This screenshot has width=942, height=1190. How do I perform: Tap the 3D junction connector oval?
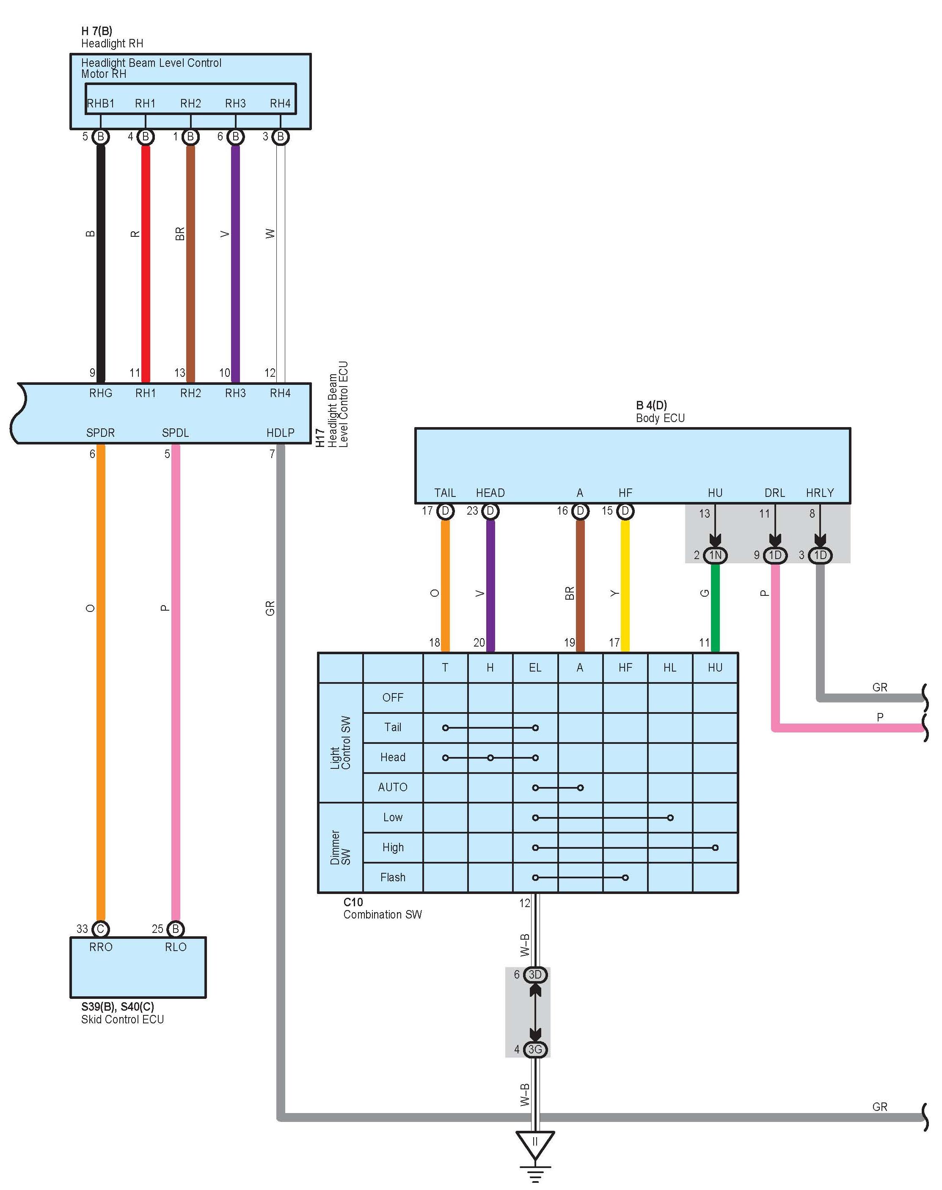(x=535, y=974)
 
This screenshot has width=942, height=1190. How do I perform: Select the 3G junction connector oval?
(x=535, y=1050)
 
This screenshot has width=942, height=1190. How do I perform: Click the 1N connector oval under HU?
(x=715, y=555)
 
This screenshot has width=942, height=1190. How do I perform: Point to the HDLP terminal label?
(x=280, y=433)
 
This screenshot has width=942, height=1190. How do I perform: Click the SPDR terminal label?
(x=100, y=433)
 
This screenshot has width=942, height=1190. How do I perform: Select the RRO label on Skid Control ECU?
(x=100, y=947)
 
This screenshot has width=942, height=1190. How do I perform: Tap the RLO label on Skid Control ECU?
(x=175, y=947)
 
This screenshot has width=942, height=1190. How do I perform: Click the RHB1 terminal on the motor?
(x=101, y=104)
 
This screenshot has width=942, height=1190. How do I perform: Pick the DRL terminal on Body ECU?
(x=775, y=493)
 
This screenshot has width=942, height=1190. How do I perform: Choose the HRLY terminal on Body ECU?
(x=820, y=493)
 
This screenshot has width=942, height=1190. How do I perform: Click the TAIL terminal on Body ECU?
(x=445, y=493)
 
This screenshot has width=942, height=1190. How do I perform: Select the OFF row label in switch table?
(x=393, y=697)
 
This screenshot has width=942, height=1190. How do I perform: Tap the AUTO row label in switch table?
(x=393, y=787)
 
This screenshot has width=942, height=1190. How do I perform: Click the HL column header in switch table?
(x=669, y=667)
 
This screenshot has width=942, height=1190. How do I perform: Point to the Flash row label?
(x=393, y=877)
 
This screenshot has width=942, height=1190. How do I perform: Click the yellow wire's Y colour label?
(x=614, y=593)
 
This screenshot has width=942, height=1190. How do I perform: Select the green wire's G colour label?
(x=704, y=593)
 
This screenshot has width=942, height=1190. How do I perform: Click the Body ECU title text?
(x=660, y=418)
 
